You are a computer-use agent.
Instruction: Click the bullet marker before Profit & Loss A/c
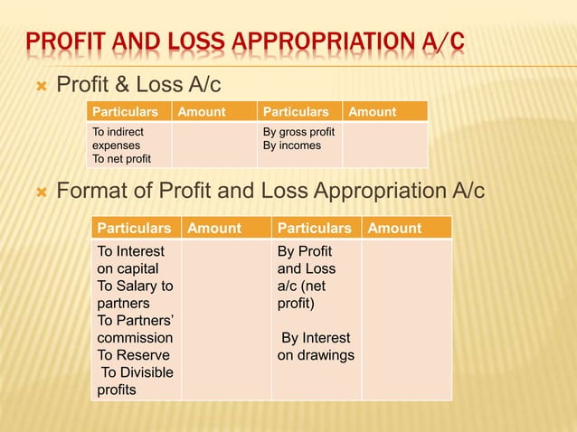39,88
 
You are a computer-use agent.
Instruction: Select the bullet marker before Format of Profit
39,193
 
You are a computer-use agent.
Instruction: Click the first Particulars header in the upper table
128,112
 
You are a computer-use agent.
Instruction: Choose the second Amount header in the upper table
373,112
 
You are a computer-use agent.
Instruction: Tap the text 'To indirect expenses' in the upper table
118,138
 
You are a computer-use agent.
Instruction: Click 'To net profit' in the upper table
122,159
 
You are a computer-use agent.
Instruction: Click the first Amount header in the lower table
214,229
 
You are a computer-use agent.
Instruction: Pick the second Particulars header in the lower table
315,229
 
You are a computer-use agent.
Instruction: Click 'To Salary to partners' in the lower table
135,295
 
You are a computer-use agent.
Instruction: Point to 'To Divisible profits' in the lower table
136,381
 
